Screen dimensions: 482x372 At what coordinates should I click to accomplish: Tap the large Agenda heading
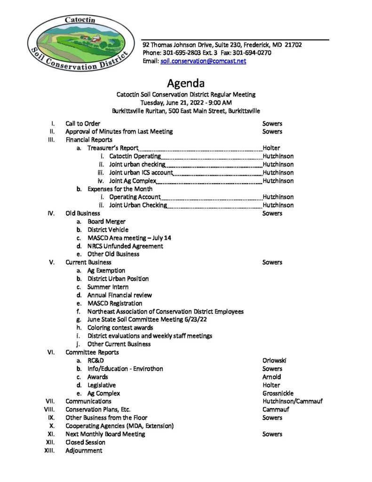pos(186,84)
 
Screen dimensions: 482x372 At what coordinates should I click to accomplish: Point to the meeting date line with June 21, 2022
pos(186,103)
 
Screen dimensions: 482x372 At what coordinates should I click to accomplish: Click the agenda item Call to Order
pos(82,123)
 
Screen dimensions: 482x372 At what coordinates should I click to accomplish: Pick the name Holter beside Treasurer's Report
pos(271,148)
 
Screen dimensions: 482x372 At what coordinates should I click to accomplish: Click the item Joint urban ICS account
pos(141,173)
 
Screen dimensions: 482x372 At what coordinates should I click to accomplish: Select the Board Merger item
pos(106,221)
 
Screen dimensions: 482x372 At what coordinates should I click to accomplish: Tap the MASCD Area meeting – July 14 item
pos(129,238)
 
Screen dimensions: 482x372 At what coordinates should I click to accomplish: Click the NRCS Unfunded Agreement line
pos(125,246)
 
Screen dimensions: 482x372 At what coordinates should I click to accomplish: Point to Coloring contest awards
pos(120,328)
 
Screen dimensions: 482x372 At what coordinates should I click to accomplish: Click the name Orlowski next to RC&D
pos(274,361)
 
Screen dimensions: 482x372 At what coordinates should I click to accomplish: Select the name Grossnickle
pos(278,393)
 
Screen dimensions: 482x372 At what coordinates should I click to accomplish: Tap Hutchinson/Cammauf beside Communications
pos(292,401)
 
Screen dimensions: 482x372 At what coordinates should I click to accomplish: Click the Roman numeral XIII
pos(49,450)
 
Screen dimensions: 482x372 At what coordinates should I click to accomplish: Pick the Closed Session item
pos(85,442)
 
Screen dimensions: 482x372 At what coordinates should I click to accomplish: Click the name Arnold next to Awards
pos(271,377)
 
